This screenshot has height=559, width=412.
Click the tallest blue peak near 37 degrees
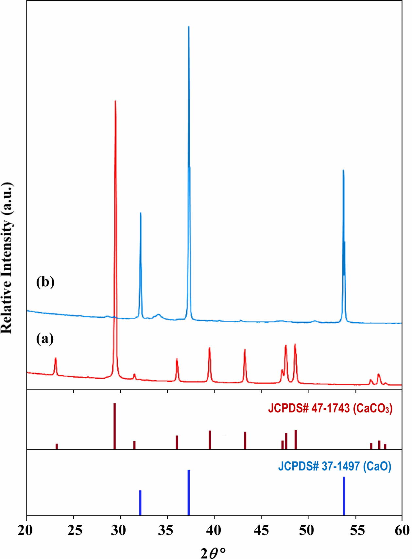click(189, 28)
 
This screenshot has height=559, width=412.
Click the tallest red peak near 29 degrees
click(115, 102)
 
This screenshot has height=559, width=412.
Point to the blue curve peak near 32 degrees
click(141, 214)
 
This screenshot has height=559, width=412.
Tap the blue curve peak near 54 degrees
click(343, 171)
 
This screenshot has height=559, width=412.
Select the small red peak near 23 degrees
click(56, 359)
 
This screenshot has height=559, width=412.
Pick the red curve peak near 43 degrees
click(245, 350)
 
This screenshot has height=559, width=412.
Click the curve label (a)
click(45, 339)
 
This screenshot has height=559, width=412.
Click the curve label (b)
click(45, 282)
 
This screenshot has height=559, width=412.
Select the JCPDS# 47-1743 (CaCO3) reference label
click(330, 408)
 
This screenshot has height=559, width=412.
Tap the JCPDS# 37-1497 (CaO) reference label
click(335, 466)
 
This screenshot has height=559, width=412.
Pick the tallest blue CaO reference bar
click(189, 492)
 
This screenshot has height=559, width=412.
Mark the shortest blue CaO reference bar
click(140, 502)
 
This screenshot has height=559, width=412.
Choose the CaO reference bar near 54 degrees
click(344, 496)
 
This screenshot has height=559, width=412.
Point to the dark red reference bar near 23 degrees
click(57, 446)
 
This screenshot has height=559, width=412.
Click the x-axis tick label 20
click(26, 530)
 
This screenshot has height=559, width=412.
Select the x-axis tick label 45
click(261, 530)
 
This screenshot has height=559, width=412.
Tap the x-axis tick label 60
click(401, 530)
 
